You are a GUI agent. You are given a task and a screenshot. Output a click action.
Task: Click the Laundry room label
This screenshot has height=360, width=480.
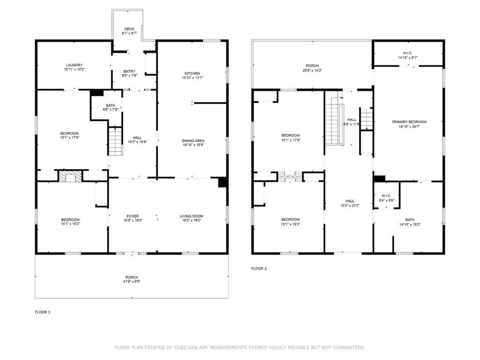(x=74, y=65)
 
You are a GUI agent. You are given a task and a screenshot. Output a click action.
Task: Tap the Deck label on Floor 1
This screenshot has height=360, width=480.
(x=129, y=29)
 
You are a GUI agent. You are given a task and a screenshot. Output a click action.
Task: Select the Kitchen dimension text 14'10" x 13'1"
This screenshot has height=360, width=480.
(x=192, y=78)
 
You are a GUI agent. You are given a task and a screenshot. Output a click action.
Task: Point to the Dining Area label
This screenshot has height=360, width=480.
(x=193, y=141)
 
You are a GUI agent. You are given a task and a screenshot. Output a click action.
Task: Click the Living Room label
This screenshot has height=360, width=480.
(x=192, y=216)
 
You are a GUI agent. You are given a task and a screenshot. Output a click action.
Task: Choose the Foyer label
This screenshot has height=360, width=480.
(x=133, y=216)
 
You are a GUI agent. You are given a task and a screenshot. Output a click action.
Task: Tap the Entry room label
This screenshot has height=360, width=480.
(x=129, y=71)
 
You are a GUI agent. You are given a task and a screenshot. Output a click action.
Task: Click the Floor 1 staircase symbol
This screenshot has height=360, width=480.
(x=115, y=141)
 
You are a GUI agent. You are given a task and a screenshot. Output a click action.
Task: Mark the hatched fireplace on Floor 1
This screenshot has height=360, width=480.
(x=70, y=176)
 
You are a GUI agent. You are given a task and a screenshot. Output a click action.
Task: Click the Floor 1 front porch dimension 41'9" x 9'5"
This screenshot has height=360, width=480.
(x=132, y=282)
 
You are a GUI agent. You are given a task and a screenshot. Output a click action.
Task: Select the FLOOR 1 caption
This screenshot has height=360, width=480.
(x=43, y=312)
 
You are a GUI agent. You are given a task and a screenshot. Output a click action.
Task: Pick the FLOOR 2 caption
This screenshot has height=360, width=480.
(x=259, y=269)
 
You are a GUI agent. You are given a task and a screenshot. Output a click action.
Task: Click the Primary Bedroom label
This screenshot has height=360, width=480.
(x=409, y=122)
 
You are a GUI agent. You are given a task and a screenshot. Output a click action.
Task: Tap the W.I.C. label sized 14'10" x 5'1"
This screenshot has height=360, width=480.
(x=408, y=53)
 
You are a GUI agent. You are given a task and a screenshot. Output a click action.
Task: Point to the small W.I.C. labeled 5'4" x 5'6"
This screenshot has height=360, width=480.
(x=386, y=195)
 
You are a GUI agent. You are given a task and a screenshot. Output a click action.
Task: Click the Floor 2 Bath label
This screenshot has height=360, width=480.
(x=410, y=220)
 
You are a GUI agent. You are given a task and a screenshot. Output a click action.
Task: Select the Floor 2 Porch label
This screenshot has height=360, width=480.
(x=312, y=66)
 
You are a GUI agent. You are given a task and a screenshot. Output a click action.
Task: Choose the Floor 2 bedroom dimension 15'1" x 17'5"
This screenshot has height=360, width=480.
(x=291, y=140)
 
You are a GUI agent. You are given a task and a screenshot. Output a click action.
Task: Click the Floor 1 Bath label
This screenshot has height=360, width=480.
(x=111, y=105)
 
